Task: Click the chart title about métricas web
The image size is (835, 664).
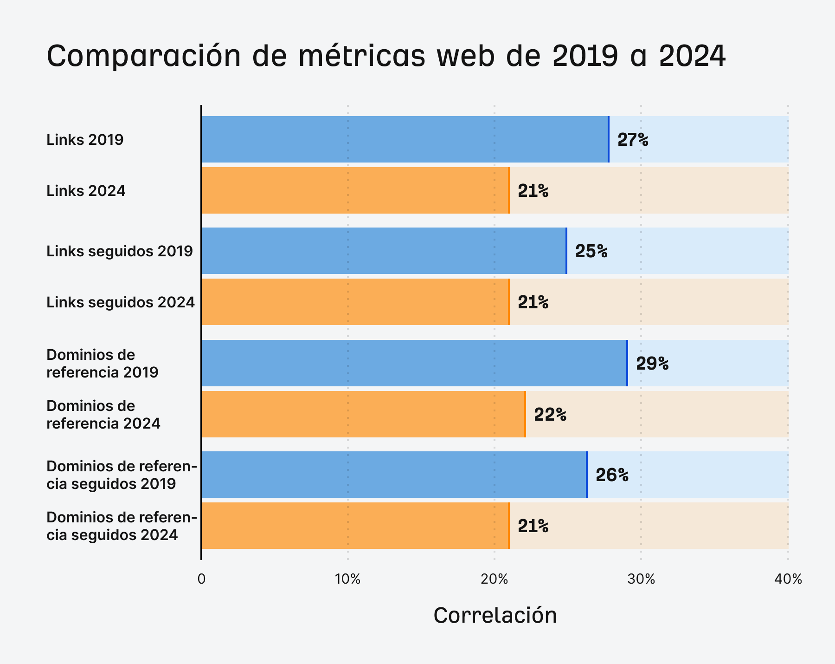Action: coord(386,56)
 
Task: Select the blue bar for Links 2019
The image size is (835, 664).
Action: coord(405,139)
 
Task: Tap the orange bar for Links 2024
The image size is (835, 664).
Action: coord(355,190)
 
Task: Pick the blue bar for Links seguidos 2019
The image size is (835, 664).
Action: coord(384,251)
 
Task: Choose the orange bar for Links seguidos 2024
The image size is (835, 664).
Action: coord(355,302)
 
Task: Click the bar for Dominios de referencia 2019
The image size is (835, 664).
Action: coord(414,363)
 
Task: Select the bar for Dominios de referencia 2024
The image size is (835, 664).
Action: coord(363,414)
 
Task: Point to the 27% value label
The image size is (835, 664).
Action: coord(633,140)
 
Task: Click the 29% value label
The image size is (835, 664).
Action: coord(652,364)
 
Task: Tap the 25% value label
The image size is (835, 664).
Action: coord(591,251)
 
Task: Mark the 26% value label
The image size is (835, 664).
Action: coord(612,475)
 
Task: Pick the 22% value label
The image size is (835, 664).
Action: coord(550,415)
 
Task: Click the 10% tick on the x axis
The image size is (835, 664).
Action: coord(348,579)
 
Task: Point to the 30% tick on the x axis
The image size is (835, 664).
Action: coord(641,579)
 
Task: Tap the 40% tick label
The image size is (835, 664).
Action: coord(788,579)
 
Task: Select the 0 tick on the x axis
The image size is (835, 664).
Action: coord(201,579)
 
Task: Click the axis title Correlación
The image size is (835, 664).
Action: coord(495,615)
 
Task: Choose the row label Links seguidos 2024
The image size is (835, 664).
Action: coord(121,302)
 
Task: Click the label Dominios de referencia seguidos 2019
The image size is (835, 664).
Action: coord(122,475)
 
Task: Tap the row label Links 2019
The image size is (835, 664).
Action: coord(85,140)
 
